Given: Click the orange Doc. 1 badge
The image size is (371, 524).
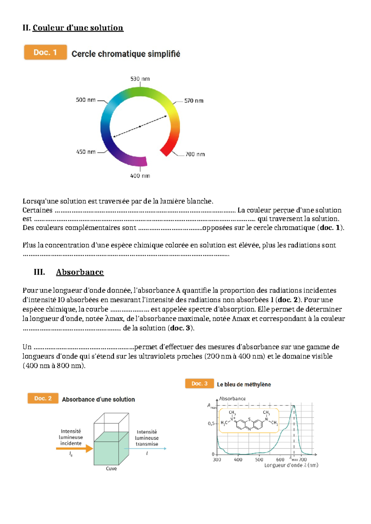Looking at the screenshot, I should coord(45,52).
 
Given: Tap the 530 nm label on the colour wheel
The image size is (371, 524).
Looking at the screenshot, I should coord(140,79).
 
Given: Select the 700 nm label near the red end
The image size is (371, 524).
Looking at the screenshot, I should coord(195,154).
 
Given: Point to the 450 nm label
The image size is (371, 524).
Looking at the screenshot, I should coord(86,152).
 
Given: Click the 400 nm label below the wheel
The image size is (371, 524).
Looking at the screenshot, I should coord(140,176).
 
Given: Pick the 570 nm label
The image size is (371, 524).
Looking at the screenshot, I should coord(194,101).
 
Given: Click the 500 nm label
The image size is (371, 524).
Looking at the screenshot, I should coord(86,100).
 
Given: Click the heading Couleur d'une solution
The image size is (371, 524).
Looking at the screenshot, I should coord(78,28).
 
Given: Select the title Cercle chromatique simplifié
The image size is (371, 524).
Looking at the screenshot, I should coord(126,54).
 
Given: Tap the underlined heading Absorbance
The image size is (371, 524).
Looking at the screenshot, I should coord(80,272).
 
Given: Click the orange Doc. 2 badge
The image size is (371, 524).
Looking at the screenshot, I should coord(43,398).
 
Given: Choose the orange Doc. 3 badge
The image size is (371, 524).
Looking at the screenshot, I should coord(199,383).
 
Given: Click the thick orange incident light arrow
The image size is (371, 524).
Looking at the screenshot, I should coord(74,448).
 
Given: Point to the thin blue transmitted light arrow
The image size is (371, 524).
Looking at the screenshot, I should coord(145,448).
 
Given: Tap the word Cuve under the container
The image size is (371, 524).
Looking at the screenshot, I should coord(111,468).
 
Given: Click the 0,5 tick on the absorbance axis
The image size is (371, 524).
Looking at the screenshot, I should coord(211,424).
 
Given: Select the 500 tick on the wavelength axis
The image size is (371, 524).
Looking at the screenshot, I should coord(259,460).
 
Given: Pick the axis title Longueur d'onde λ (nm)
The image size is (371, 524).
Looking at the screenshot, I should coord(291,465).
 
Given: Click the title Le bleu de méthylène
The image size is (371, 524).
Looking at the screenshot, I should coord(244,384).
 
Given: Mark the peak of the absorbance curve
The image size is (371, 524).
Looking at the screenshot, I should coord(294,406).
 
